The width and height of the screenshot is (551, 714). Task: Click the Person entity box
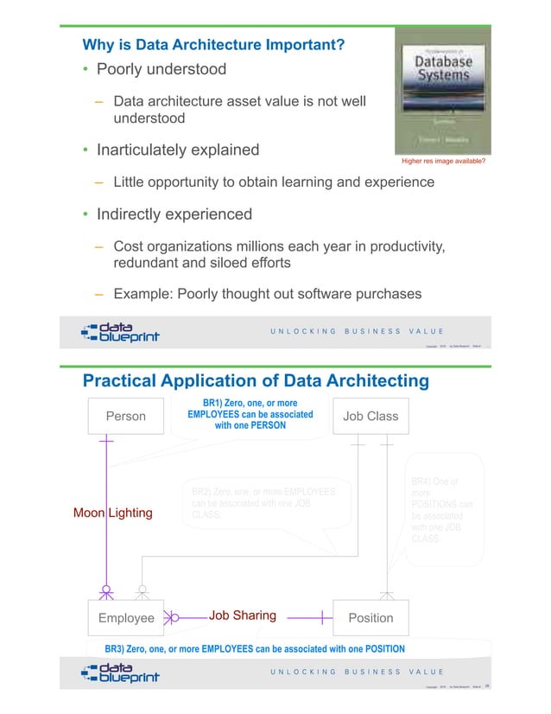125,417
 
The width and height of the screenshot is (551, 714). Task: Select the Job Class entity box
370,417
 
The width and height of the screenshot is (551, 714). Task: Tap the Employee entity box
126,618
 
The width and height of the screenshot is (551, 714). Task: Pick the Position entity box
370,618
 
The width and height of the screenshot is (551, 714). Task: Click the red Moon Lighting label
112,513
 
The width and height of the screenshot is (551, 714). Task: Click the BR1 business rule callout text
250,415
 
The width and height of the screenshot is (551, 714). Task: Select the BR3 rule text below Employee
255,648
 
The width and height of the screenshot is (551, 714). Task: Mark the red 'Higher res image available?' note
444,162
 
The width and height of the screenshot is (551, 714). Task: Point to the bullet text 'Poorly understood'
161,69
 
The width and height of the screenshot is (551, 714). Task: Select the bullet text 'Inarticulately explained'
178,150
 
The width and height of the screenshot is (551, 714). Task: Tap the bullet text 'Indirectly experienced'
174,214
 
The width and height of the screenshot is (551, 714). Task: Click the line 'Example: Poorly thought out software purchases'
268,294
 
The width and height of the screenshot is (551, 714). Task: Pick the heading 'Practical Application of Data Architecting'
256,381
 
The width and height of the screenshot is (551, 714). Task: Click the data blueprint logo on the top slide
120,333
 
